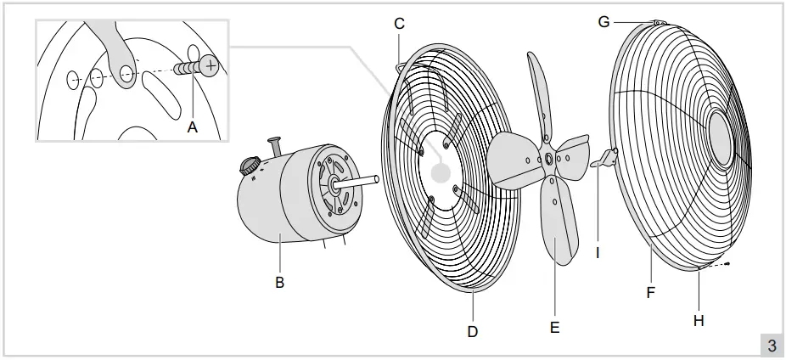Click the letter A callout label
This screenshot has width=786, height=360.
pyautogui.click(x=193, y=127)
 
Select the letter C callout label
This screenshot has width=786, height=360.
pyautogui.click(x=399, y=23)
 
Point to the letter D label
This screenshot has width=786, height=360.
pyautogui.click(x=473, y=330)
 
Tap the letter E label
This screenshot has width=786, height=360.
pyautogui.click(x=554, y=326)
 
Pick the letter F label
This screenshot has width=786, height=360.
pyautogui.click(x=650, y=292)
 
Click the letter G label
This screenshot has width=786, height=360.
pyautogui.click(x=604, y=21)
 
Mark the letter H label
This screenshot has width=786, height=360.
pyautogui.click(x=699, y=320)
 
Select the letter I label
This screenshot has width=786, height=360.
pyautogui.click(x=598, y=252)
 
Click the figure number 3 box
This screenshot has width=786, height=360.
pyautogui.click(x=771, y=345)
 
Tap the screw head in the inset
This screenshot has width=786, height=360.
pyautogui.click(x=209, y=65)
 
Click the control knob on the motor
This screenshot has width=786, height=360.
pyautogui.click(x=248, y=166)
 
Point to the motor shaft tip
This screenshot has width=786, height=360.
pyautogui.click(x=375, y=179)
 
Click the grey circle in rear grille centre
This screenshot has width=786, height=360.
pyautogui.click(x=440, y=172)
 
